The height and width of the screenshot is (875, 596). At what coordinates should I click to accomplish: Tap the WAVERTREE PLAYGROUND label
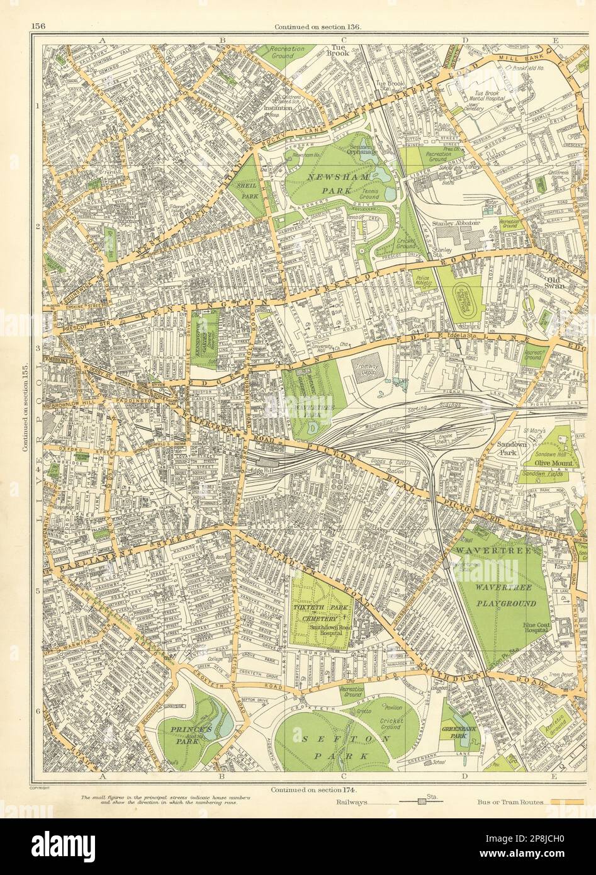506,596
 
